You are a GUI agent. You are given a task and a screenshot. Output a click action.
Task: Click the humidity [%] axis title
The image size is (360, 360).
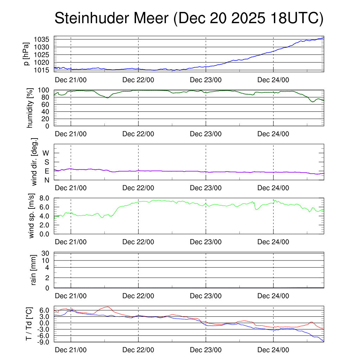point(30,108)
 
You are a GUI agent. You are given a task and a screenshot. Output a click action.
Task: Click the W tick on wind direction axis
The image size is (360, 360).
point(46,153)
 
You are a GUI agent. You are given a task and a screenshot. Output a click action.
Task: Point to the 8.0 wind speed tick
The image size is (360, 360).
point(46,198)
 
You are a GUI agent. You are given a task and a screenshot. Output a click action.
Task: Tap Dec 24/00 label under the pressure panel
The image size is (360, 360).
point(273,80)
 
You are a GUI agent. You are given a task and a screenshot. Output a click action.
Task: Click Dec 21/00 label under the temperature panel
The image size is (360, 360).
point(71,350)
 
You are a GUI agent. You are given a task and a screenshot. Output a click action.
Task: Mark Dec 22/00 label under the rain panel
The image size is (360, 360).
point(138,296)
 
